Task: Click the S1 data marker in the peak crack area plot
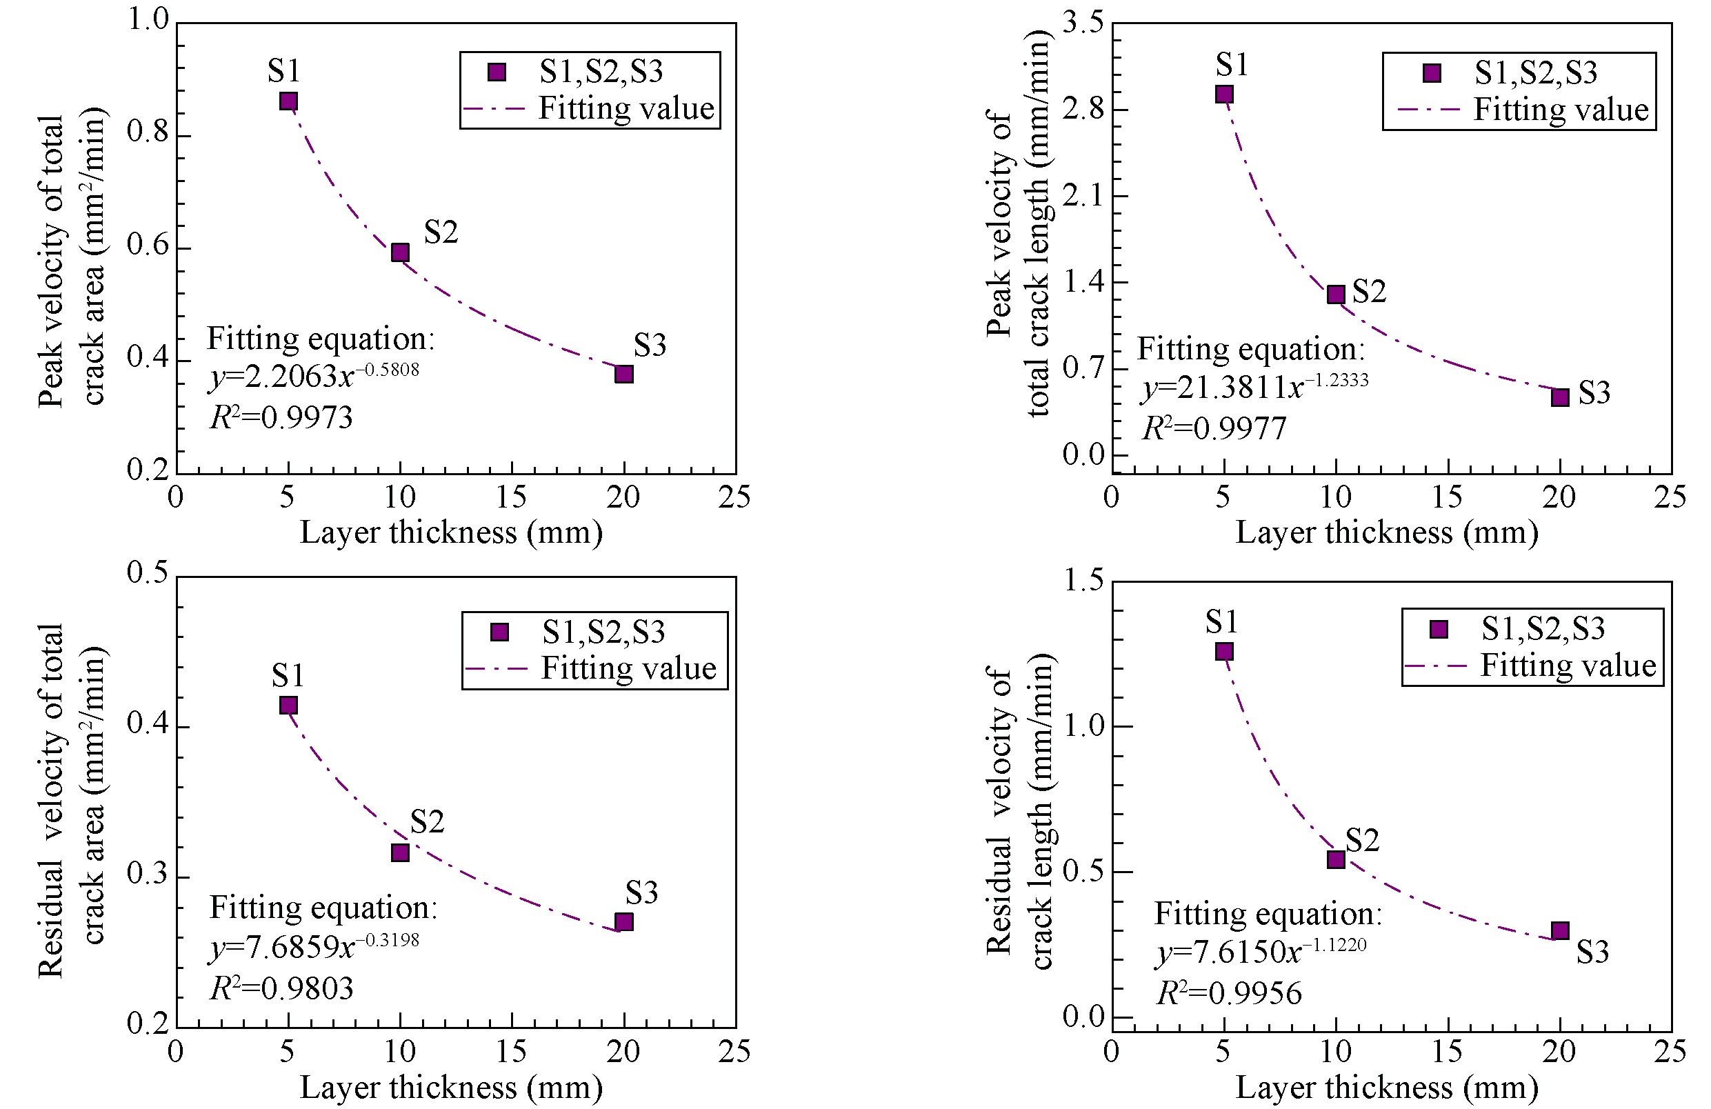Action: [288, 101]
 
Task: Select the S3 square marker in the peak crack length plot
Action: [1559, 397]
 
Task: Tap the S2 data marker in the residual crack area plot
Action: [401, 852]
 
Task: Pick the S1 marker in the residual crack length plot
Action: [1224, 651]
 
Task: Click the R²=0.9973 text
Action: [281, 417]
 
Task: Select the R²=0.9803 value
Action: [282, 989]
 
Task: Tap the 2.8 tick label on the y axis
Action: [1083, 109]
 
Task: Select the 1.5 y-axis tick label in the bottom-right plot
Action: [1083, 580]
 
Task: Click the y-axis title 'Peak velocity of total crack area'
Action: [71, 260]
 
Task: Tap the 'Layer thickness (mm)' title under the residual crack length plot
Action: [1387, 1088]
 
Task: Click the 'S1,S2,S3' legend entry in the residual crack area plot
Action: [603, 632]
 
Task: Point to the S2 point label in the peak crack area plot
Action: [441, 232]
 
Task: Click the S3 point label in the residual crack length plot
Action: [1592, 952]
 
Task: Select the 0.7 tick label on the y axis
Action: [1083, 368]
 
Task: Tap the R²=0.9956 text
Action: [1230, 993]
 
